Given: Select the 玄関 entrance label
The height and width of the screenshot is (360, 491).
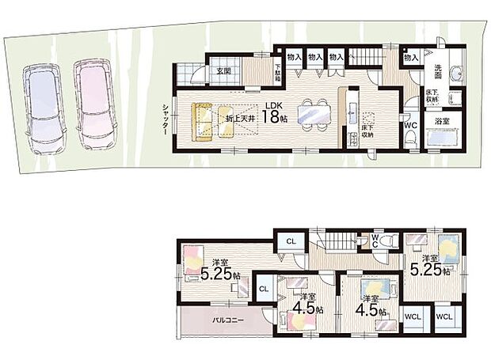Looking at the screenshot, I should pos(222,72).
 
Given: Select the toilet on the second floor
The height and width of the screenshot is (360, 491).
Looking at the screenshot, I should pos(385,241).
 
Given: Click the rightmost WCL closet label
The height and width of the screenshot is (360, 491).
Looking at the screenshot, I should pos(445,316).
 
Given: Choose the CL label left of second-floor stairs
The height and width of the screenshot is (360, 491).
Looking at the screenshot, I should pos(291,241).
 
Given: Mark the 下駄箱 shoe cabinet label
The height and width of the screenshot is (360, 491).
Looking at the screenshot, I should pos(279,72).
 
